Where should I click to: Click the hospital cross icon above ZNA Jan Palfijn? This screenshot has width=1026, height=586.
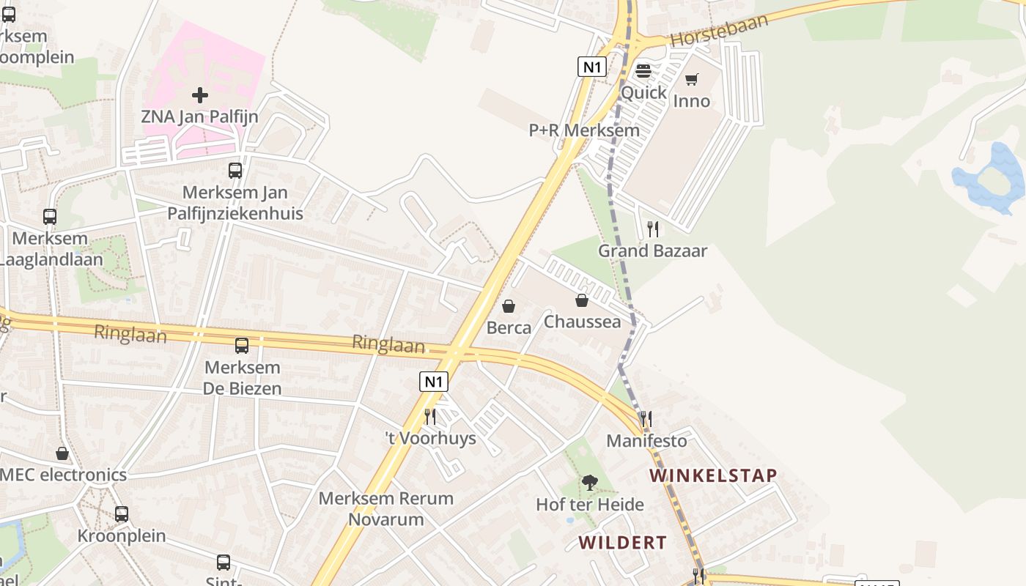point(199,94)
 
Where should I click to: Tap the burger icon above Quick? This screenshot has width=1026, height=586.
point(643,71)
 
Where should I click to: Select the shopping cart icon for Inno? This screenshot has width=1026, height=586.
point(691,79)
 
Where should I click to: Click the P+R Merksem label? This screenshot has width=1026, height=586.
point(584,130)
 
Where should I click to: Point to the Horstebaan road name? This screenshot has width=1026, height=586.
point(719,30)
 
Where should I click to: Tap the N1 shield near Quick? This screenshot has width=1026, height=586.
point(591,67)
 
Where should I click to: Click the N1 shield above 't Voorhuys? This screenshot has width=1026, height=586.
point(434,382)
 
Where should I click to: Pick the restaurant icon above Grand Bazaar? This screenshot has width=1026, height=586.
point(652,229)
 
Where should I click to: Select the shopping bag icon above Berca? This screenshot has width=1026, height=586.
point(509,306)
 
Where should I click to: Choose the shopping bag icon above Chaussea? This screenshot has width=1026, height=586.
point(582,300)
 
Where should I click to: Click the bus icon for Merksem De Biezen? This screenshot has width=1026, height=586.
point(241,346)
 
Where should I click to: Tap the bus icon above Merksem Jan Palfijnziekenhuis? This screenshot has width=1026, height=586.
point(235,171)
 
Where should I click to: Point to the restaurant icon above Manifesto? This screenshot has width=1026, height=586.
point(646,419)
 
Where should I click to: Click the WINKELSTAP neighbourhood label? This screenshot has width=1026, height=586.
point(712,475)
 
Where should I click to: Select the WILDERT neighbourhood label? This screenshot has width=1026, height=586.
point(622,543)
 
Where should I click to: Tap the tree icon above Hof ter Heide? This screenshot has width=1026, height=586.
point(589,483)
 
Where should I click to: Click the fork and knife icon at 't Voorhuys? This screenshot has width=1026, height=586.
point(430,417)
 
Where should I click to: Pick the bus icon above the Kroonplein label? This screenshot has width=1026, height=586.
point(122,514)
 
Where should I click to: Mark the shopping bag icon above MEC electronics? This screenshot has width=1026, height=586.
point(62,453)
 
